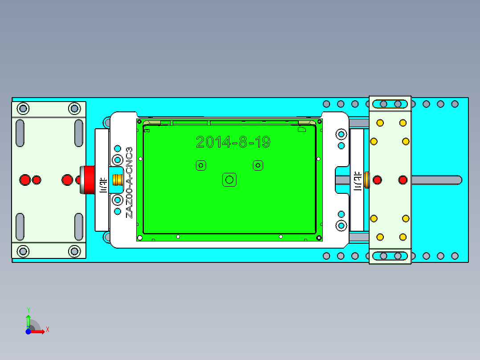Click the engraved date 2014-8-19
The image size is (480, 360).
[233, 142]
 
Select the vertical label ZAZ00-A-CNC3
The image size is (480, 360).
[129, 182]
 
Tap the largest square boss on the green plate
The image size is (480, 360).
[229, 180]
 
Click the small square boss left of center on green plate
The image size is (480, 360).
[201, 165]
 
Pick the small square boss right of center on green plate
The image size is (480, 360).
[257, 165]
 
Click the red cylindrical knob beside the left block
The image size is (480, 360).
[87, 180]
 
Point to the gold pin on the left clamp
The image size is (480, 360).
[118, 180]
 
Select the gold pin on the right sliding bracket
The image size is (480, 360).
[366, 180]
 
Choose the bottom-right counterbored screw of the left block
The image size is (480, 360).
[74, 252]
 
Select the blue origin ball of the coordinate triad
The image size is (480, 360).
[28, 331]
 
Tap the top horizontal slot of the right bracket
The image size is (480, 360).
[390, 104]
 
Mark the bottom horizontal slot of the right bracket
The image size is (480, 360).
[390, 256]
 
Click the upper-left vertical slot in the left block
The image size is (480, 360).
[20, 132]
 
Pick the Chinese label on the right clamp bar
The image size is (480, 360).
[357, 180]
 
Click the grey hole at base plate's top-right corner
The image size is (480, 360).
[455, 104]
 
